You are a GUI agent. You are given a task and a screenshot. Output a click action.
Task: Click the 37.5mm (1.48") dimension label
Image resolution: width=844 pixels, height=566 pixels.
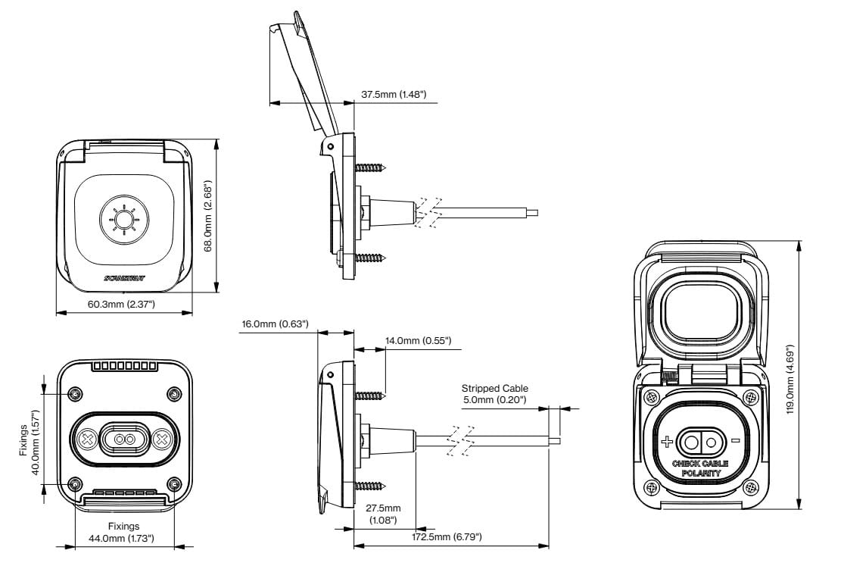tap(394, 95)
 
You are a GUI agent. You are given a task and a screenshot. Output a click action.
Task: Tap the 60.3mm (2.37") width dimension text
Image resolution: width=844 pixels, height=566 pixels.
tap(121, 305)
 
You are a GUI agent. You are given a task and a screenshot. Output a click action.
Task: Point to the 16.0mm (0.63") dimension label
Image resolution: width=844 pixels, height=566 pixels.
tap(276, 324)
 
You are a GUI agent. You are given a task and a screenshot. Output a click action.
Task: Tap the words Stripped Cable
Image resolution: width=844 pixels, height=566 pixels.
tap(495, 389)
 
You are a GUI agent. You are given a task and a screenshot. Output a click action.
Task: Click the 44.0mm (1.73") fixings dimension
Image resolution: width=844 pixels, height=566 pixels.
tap(123, 538)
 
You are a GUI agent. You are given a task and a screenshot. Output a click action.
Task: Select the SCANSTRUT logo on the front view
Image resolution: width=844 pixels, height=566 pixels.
tap(125, 279)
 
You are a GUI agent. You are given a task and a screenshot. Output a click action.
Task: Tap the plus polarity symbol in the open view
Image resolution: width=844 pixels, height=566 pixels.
tap(667, 442)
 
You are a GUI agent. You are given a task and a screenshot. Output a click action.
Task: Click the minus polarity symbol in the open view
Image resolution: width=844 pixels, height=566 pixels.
tap(735, 441)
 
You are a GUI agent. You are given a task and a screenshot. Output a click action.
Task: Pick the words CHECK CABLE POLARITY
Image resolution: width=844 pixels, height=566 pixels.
tap(700, 467)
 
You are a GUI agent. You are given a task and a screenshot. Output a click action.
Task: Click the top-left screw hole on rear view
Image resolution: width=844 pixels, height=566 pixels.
tap(74, 394)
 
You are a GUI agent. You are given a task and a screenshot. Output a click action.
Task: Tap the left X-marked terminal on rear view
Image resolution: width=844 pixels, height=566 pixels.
tap(88, 439)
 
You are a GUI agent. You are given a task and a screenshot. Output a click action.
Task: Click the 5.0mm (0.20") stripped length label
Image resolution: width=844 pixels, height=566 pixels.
tap(495, 399)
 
